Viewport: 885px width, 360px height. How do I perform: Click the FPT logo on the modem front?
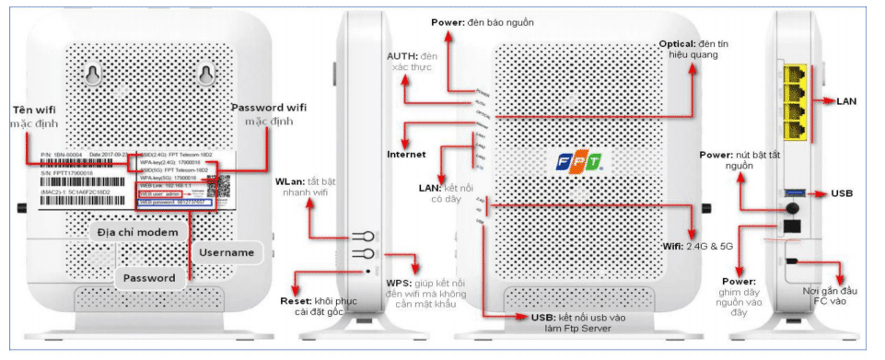click(578, 163)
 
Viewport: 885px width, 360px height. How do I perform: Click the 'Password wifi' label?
click(271, 108)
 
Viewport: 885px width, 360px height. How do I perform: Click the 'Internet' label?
click(406, 154)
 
